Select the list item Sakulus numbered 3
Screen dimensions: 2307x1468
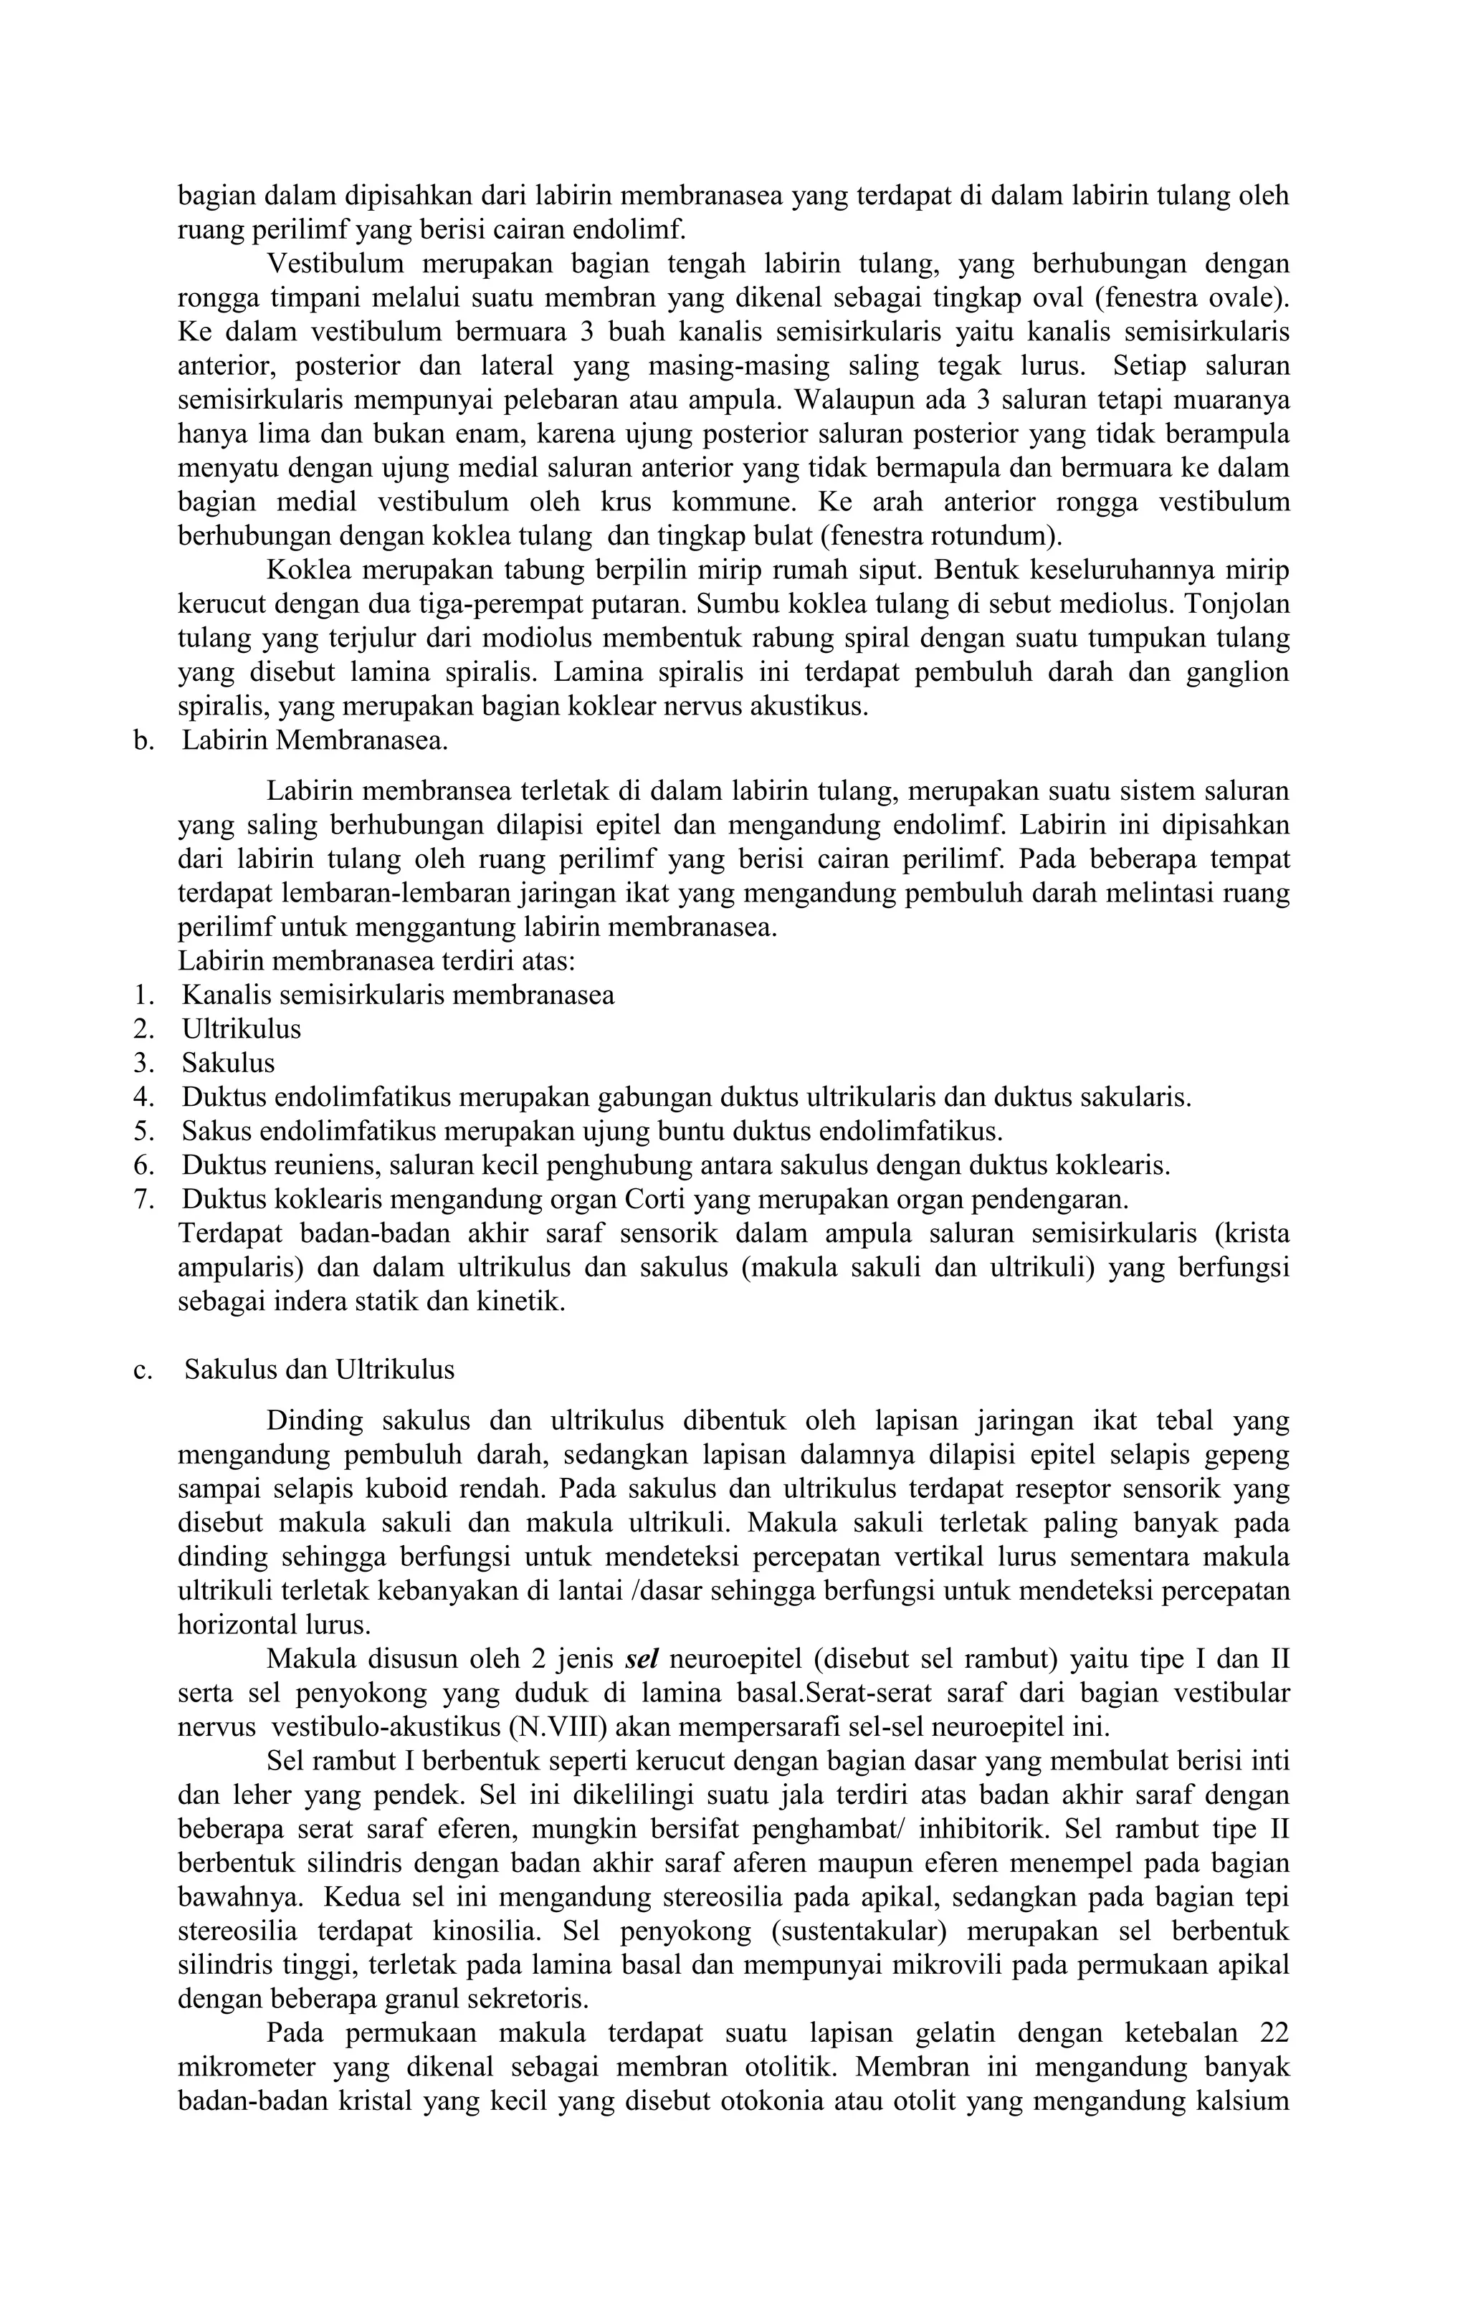click(x=228, y=1064)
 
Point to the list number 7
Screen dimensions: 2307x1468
click(x=144, y=1200)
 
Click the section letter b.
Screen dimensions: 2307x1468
click(x=144, y=740)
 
